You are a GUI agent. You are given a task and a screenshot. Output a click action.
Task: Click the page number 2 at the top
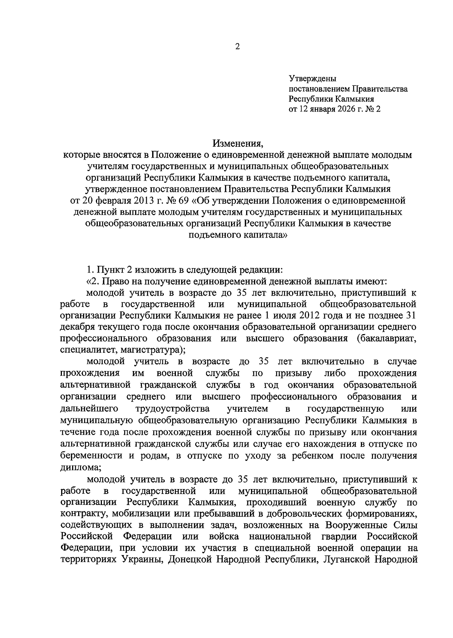pyautogui.click(x=237, y=47)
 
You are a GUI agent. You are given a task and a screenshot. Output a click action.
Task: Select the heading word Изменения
pyautogui.click(x=237, y=143)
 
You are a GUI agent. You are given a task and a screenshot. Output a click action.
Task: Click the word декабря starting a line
pyautogui.click(x=78, y=327)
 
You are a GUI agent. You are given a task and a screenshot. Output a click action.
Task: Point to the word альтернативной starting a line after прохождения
pyautogui.click(x=95, y=385)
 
